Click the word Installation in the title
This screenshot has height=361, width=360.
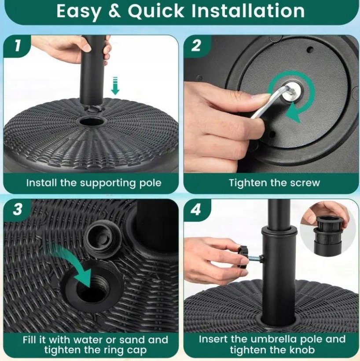click(248, 11)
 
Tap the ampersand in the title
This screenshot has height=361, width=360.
click(114, 11)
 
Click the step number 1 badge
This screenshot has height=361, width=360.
click(18, 46)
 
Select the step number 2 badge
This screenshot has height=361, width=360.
click(196, 46)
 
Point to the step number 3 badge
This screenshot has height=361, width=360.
click(18, 209)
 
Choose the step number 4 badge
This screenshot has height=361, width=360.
click(196, 209)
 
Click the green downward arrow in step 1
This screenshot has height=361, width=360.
click(115, 86)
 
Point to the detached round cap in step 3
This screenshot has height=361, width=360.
click(103, 241)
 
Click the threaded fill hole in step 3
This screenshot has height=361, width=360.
click(93, 288)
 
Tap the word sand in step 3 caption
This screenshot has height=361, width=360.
click(132, 339)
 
